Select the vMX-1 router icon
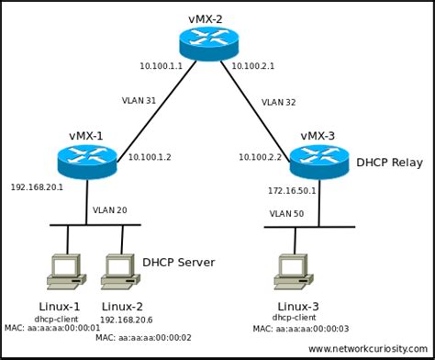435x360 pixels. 85,162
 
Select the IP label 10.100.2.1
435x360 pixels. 254,67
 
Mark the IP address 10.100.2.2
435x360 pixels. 261,157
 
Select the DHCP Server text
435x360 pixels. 178,263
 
